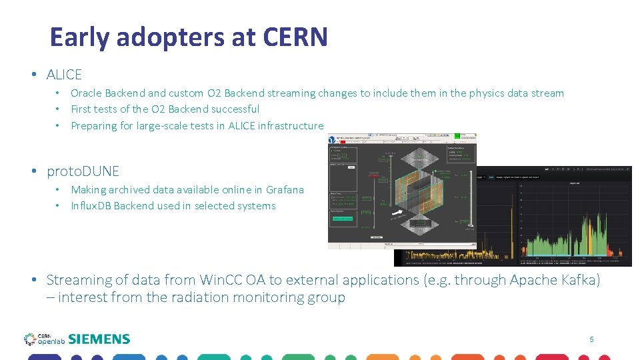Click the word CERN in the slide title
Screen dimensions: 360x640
[295, 37]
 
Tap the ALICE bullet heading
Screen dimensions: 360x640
[64, 75]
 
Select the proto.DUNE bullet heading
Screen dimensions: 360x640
[83, 171]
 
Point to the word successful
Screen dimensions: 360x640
[236, 109]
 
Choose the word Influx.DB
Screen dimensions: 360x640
[91, 206]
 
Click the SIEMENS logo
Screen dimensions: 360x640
[99, 339]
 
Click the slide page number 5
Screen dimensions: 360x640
[591, 339]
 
